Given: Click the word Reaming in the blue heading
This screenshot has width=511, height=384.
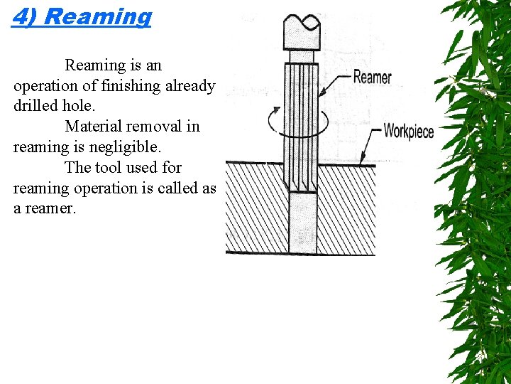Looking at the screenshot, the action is (97, 16).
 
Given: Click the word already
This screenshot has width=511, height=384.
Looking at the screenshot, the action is (189, 86).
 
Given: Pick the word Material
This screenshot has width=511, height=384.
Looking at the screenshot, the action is (93, 127).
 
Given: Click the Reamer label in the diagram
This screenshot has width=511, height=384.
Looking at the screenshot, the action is (372, 77).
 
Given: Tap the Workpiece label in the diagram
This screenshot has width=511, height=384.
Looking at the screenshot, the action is (408, 131).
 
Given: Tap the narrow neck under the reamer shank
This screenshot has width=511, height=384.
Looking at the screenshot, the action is (302, 55).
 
